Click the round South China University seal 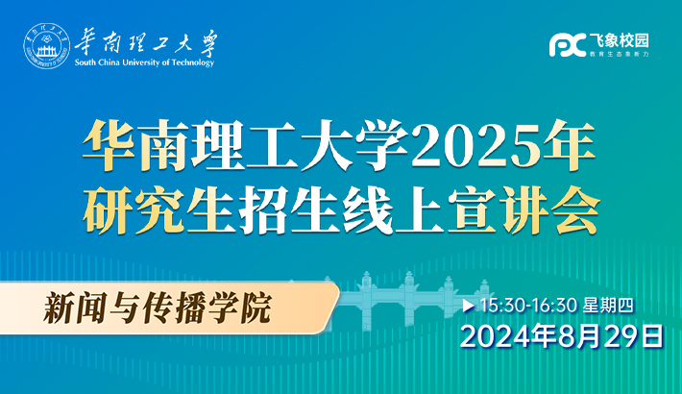pos(46,46)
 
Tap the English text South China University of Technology pos(144,62)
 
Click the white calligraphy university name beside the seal pos(146,43)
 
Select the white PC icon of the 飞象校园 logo pos(567,45)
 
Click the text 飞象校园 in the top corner pos(619,40)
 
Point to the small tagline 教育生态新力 pos(619,54)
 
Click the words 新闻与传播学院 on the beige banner pos(157,308)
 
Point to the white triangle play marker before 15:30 pos(468,306)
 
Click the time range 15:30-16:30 pos(528,306)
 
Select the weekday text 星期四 pos(608,306)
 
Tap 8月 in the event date pos(571,337)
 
